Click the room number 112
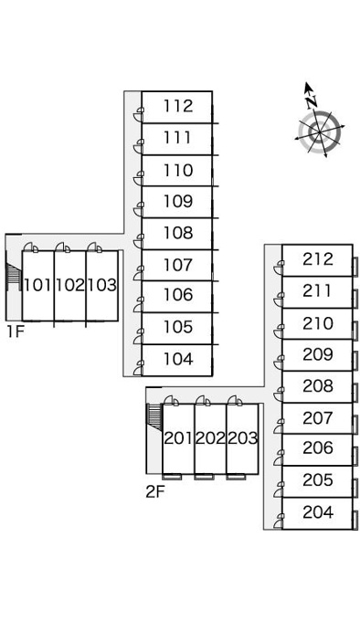point(178,106)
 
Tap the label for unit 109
point(178,201)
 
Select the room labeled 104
point(178,359)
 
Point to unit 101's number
point(37,285)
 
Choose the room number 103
point(102,285)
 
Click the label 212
point(318,259)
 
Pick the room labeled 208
point(318,385)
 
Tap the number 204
point(318,512)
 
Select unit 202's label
point(210,438)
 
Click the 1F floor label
point(15,332)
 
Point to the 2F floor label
point(154,491)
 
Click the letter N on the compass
point(312,101)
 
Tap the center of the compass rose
point(320,132)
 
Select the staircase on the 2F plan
point(154,416)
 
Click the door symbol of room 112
point(138,114)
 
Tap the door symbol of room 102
point(62,247)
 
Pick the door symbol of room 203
point(235,400)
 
